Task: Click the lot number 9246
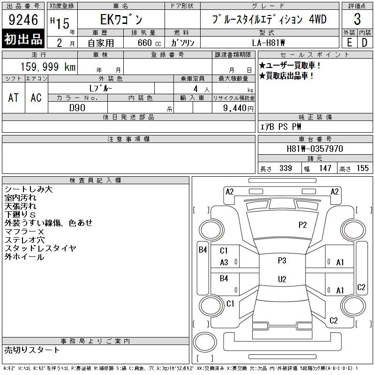click(23, 20)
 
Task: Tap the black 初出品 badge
click(23, 39)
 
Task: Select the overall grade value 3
click(357, 19)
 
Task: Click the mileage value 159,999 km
click(48, 67)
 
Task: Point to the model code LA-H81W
click(268, 43)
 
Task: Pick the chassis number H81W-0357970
click(315, 149)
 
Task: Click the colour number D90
click(77, 108)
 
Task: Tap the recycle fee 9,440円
click(238, 108)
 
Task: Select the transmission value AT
click(14, 97)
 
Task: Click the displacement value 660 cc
click(149, 43)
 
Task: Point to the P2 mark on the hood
click(302, 225)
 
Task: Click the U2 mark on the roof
click(282, 279)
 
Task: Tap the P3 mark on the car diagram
click(282, 260)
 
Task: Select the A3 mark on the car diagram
click(224, 262)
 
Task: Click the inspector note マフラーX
click(24, 232)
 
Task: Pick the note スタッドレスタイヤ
click(40, 248)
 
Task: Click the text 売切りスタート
click(32, 350)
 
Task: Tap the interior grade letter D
click(365, 43)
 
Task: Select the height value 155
click(362, 168)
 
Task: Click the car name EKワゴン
click(121, 19)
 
